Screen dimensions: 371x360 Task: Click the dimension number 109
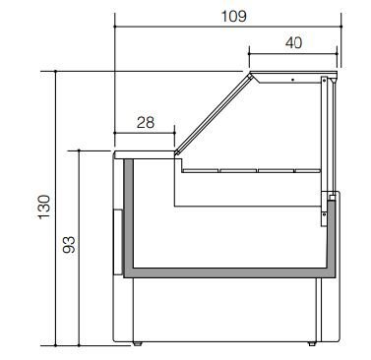(x=233, y=16)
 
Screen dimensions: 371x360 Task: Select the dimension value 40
(x=293, y=42)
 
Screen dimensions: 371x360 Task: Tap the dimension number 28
(x=146, y=123)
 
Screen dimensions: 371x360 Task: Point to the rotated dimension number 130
(x=44, y=207)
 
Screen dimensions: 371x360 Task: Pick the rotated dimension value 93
(x=69, y=245)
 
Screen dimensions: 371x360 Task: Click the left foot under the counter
(x=138, y=343)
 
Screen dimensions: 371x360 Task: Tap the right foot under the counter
(x=312, y=343)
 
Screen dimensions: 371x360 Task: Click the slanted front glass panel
(x=214, y=114)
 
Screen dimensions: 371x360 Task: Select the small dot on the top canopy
(x=292, y=80)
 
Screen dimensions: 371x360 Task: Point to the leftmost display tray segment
(x=201, y=170)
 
